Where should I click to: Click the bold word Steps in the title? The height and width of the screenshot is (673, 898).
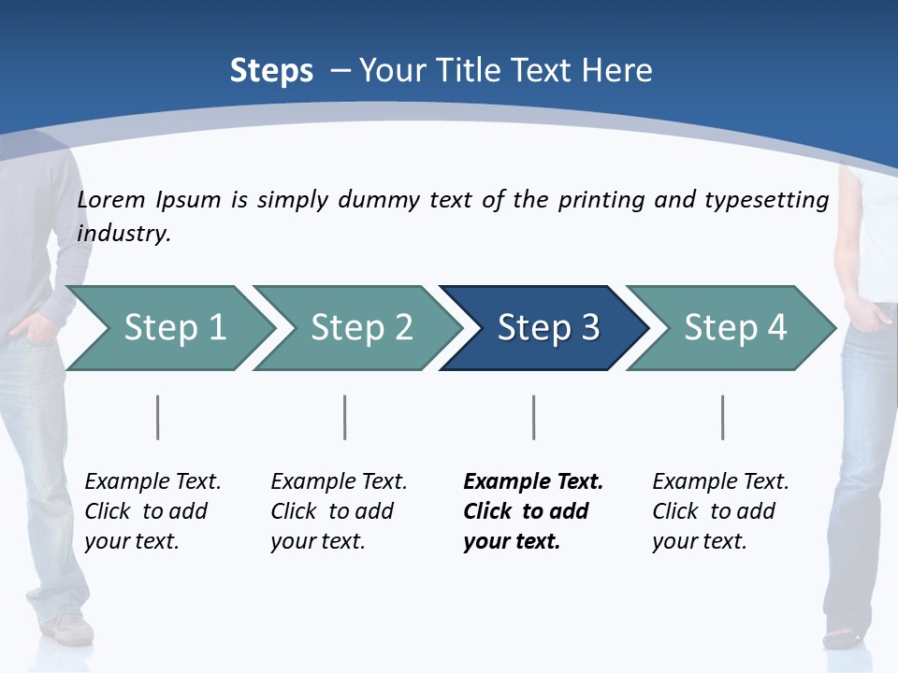click(271, 71)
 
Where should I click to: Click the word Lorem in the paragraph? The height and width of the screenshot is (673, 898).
click(110, 200)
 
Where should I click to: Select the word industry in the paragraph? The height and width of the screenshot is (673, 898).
click(123, 234)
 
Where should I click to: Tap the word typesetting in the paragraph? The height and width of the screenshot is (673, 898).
click(766, 200)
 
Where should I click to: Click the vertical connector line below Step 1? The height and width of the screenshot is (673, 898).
click(158, 417)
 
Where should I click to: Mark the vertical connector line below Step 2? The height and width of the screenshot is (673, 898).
click(345, 417)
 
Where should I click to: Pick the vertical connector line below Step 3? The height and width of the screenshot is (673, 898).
click(534, 417)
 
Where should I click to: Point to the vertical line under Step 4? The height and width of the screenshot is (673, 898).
click(723, 417)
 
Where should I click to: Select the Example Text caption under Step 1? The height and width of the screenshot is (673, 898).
click(152, 482)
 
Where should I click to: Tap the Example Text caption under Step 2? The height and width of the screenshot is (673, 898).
click(339, 482)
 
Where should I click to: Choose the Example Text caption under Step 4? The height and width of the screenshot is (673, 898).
click(720, 482)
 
